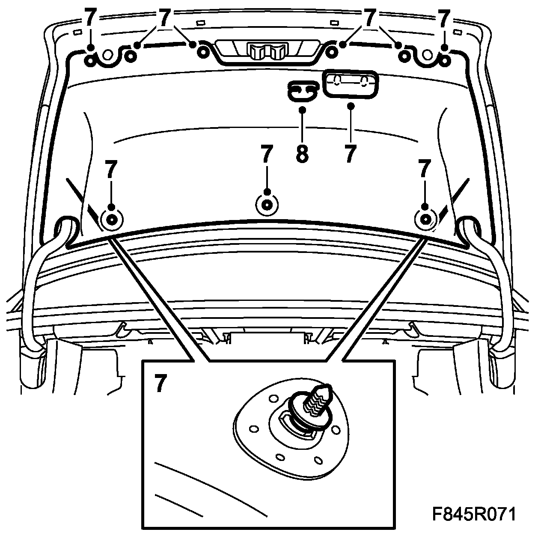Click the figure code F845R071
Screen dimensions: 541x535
473,514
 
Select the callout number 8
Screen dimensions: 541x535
302,154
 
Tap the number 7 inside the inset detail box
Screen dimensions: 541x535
159,383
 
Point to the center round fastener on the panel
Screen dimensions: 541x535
267,204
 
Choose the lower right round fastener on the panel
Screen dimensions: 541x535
425,219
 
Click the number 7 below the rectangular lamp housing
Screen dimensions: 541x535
350,154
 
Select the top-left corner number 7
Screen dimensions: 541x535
90,19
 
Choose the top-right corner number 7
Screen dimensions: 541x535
444,19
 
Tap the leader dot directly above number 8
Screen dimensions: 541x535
302,110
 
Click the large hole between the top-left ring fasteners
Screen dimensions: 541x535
108,54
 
